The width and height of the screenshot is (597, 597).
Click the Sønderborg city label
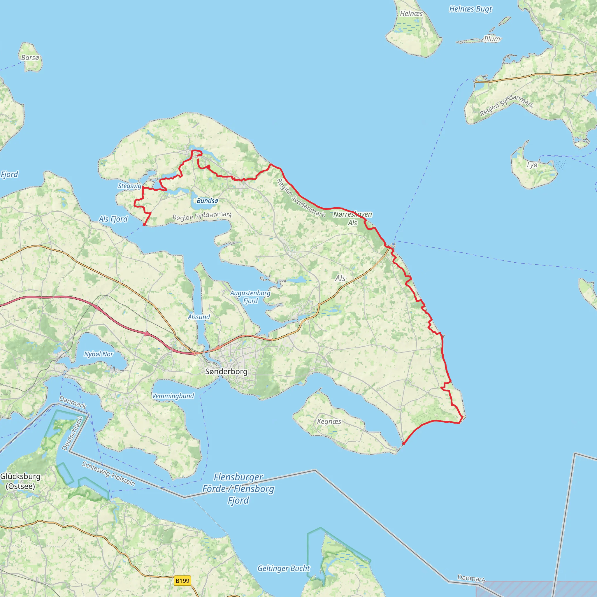point(226,371)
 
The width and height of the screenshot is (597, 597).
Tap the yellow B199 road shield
point(182,581)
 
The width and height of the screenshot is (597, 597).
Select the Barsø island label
point(30,58)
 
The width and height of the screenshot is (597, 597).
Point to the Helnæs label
point(411,14)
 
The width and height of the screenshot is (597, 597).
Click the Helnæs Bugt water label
point(470,9)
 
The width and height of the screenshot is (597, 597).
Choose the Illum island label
point(492,39)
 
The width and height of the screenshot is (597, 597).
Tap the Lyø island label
point(532,165)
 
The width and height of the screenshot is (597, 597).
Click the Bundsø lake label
point(207,201)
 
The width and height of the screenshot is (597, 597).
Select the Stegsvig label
point(129,186)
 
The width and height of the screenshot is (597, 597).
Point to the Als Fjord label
point(113,219)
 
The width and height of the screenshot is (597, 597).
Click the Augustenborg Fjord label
point(250,297)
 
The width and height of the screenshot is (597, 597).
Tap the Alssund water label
point(199,317)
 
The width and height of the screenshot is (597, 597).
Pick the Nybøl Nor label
point(99,354)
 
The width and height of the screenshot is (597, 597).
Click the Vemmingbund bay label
point(173,396)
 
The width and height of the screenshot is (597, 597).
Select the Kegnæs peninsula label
point(329,422)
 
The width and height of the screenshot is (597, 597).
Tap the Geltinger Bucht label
point(283,568)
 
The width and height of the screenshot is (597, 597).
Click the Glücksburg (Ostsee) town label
point(20,481)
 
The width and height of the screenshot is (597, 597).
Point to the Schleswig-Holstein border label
point(108,474)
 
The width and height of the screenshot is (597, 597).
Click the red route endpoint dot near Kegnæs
point(403,444)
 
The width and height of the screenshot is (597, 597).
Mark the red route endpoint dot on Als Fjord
point(144,225)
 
